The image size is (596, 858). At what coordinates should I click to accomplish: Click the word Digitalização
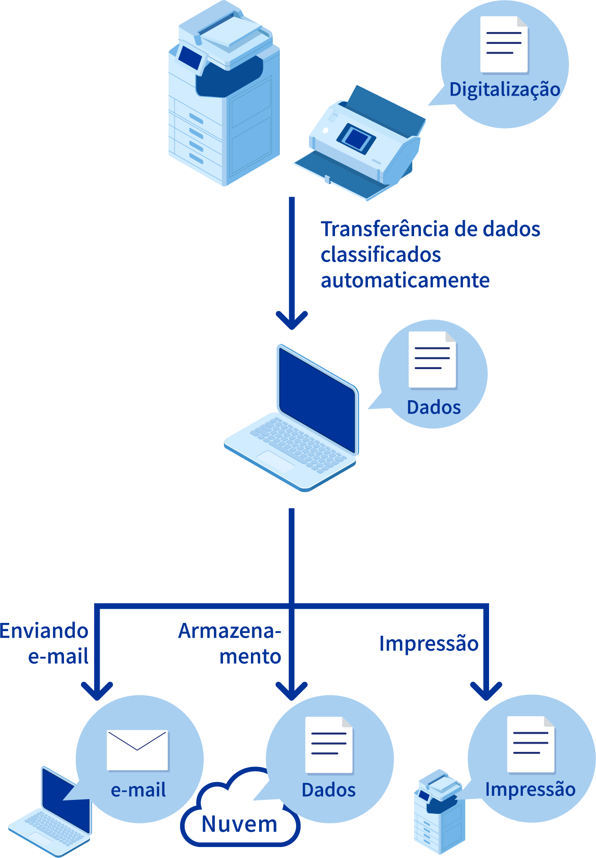(x=504, y=90)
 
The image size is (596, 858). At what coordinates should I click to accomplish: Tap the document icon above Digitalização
(x=504, y=45)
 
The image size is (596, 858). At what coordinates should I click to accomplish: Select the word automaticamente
(x=405, y=280)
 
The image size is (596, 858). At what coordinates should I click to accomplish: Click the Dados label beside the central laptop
(x=433, y=407)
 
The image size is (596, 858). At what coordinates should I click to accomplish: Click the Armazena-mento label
(x=230, y=643)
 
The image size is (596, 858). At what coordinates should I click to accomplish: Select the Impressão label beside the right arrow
(x=428, y=643)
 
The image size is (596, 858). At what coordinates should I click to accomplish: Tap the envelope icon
(x=137, y=750)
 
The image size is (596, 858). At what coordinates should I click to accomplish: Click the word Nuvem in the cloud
(x=239, y=824)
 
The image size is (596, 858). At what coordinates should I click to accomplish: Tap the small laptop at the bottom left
(x=53, y=814)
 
